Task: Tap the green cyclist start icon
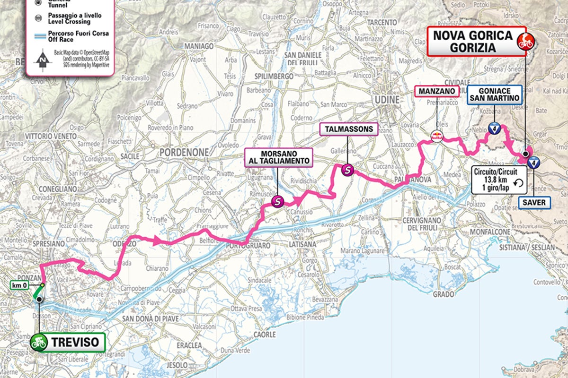click(x=39, y=342)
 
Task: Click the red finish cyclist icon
click(x=524, y=41)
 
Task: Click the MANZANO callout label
click(x=437, y=91)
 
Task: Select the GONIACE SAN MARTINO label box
click(x=494, y=94)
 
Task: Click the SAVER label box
click(x=534, y=203)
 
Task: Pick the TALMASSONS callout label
click(x=349, y=129)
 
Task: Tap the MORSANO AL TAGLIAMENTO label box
click(x=279, y=157)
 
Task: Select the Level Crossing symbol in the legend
click(x=37, y=18)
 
